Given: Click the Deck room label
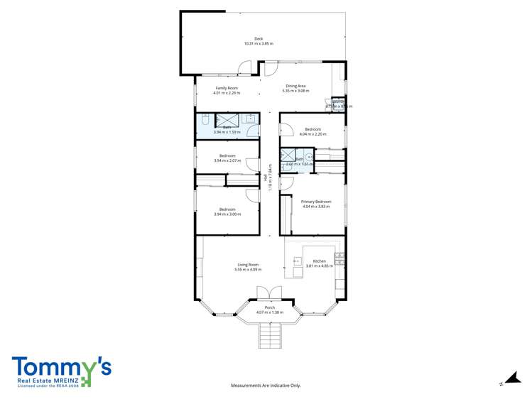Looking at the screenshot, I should point(259,38).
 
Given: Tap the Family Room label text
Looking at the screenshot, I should point(227,88).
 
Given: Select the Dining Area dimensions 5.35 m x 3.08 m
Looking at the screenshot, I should point(295,91).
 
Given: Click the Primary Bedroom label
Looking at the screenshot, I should point(316,202).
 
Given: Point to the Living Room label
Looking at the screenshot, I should point(248,265).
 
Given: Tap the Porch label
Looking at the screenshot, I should point(270,307).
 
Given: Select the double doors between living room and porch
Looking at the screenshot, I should point(269,293).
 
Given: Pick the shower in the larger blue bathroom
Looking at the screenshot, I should point(227,119).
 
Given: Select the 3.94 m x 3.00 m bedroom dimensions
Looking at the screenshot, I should point(227,214).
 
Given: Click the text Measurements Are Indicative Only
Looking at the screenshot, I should point(266,386).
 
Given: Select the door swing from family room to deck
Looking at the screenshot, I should point(244,68).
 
